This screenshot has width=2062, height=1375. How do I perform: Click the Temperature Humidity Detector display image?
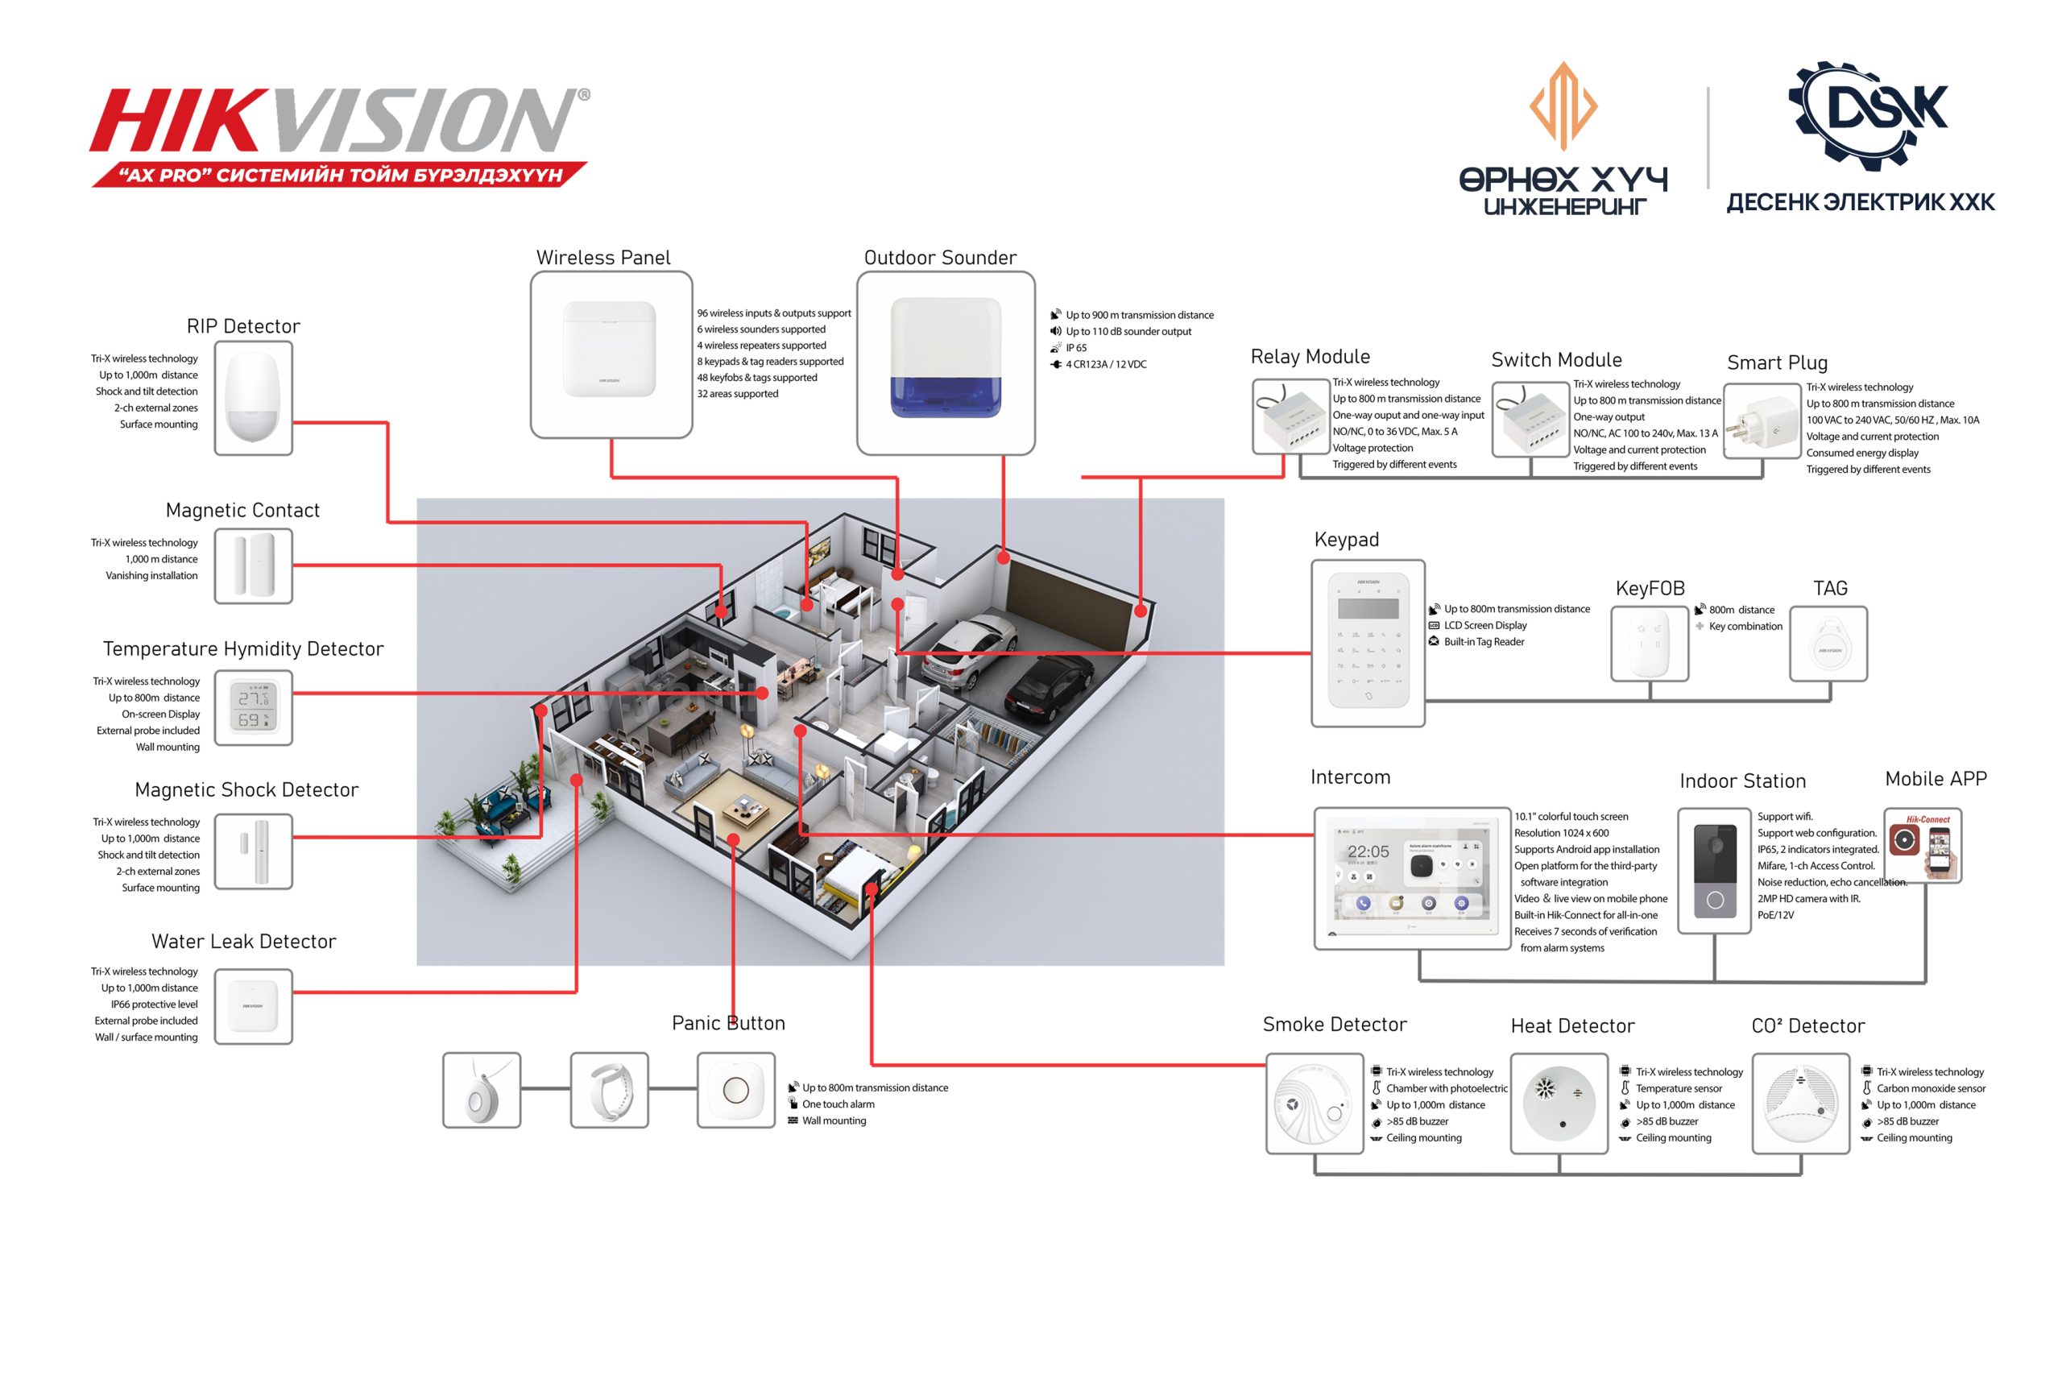[x=254, y=708]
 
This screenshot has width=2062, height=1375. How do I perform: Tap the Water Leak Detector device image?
[x=254, y=1006]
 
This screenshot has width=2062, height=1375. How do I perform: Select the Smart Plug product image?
[x=1761, y=422]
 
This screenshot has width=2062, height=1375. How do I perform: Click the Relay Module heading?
[x=1310, y=357]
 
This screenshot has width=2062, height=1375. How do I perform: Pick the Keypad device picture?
[x=1368, y=643]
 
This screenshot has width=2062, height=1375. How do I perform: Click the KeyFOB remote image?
[x=1649, y=644]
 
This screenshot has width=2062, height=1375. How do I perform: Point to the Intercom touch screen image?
[x=1411, y=878]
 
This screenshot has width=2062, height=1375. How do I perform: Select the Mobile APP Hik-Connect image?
[x=1923, y=845]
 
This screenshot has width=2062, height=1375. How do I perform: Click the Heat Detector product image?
[x=1559, y=1104]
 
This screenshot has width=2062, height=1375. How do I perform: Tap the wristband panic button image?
[x=609, y=1090]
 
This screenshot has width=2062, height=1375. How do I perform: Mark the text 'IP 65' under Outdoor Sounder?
[x=1076, y=348]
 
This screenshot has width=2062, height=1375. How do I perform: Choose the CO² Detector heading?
[x=1807, y=1026]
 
